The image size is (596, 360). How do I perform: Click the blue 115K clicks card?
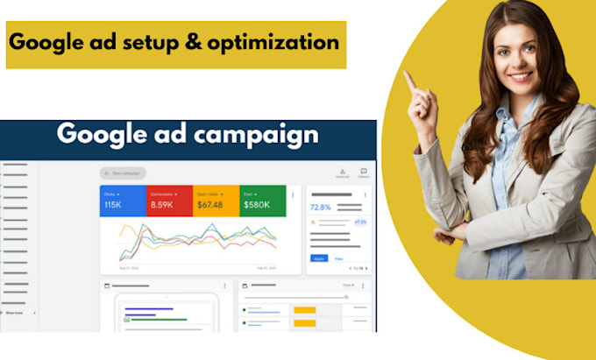(123, 201)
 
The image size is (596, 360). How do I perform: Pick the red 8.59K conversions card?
(169, 201)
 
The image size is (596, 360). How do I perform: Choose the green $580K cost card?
(263, 201)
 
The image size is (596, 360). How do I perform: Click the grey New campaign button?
(124, 173)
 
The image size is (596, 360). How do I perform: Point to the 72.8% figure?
(320, 208)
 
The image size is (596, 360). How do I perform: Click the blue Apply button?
(317, 259)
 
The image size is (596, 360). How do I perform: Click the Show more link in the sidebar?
(15, 312)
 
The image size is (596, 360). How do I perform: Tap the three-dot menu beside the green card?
(293, 194)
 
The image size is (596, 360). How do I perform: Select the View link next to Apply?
(338, 259)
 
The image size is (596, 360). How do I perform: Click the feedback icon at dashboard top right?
(363, 172)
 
